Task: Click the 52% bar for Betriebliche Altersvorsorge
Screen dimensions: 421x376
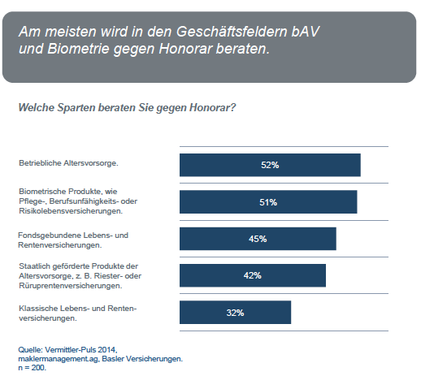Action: (x=270, y=165)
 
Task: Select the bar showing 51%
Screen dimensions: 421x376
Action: (x=268, y=201)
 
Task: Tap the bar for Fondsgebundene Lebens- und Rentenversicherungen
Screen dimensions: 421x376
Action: (x=258, y=239)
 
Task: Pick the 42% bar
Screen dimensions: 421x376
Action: (x=253, y=275)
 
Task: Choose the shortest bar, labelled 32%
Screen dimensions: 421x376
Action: (x=235, y=312)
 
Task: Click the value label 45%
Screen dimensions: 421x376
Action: (x=258, y=239)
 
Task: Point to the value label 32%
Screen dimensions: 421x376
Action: (x=235, y=313)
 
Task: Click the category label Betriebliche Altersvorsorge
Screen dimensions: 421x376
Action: (x=68, y=163)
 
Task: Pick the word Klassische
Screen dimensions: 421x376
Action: (x=38, y=309)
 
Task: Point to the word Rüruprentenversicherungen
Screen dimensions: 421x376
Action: (x=71, y=286)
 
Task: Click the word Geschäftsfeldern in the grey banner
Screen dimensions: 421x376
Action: (x=232, y=32)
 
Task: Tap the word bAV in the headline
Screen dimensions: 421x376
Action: (x=306, y=31)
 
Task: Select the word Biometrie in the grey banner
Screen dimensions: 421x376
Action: (x=78, y=49)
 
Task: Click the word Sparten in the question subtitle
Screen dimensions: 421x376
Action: (x=76, y=108)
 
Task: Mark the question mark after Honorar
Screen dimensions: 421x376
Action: (x=233, y=107)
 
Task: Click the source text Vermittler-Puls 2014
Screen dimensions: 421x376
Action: (x=81, y=350)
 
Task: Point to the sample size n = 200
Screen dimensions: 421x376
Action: (x=33, y=368)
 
